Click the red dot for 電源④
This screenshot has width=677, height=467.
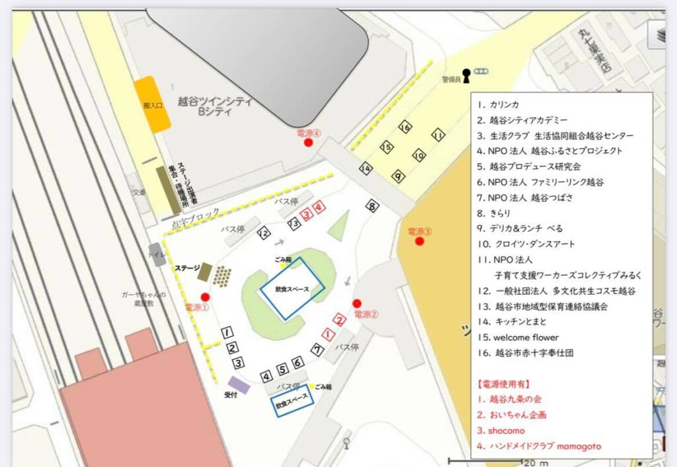(x=308, y=143)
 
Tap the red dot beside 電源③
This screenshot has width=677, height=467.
(x=418, y=241)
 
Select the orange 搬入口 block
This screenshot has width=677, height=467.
(x=152, y=104)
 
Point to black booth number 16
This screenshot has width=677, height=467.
(x=405, y=126)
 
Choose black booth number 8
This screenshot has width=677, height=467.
(x=373, y=207)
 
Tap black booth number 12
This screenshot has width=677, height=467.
(x=264, y=233)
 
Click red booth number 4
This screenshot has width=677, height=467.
(x=320, y=207)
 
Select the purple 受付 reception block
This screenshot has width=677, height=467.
(x=238, y=384)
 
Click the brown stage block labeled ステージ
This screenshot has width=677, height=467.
(x=205, y=271)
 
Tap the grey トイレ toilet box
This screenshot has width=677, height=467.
(x=157, y=254)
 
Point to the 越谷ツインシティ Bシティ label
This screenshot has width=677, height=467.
(x=214, y=106)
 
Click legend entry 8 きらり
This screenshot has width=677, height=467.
(x=500, y=213)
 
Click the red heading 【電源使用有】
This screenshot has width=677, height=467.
(x=503, y=384)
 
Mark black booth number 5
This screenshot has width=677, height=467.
(x=282, y=369)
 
